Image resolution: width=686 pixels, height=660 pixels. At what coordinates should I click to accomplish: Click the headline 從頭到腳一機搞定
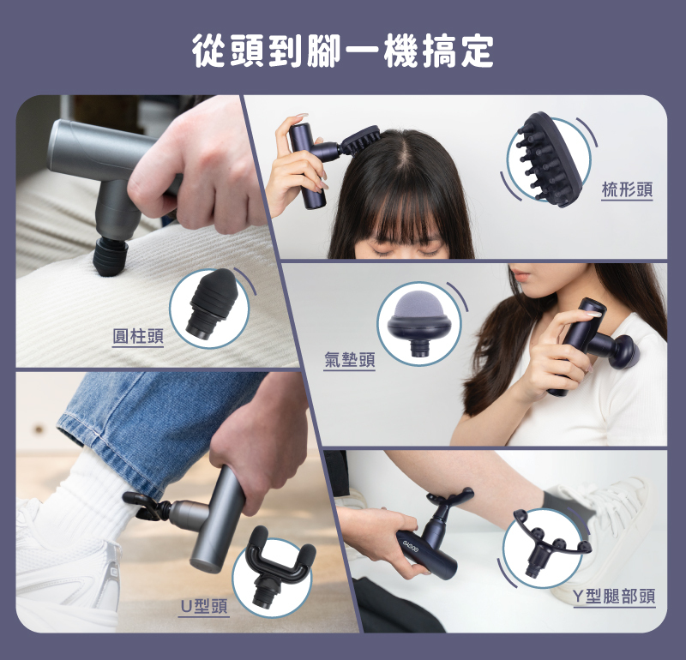pos(343,51)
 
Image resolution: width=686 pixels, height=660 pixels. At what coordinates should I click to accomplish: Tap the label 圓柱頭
pos(137,335)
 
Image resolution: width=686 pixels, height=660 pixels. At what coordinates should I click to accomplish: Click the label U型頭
pos(203,606)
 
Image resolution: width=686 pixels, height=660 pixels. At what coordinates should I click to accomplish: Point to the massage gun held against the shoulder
pos(592,343)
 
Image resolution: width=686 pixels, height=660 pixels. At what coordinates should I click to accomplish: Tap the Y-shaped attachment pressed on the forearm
pos(448,506)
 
